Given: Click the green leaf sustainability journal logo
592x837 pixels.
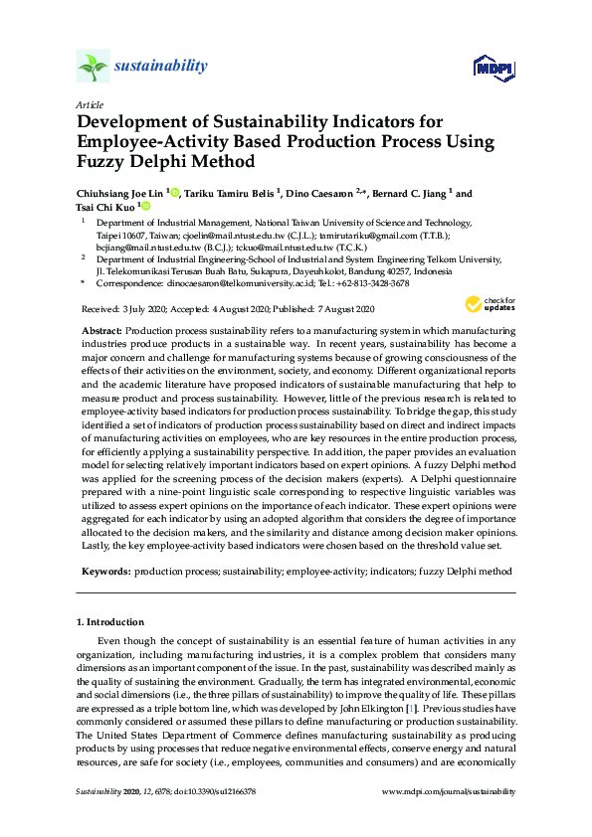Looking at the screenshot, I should coord(93,67).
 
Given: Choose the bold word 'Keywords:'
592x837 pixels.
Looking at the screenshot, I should coord(104,572).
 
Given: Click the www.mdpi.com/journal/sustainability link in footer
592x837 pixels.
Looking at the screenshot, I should coord(450,791).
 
